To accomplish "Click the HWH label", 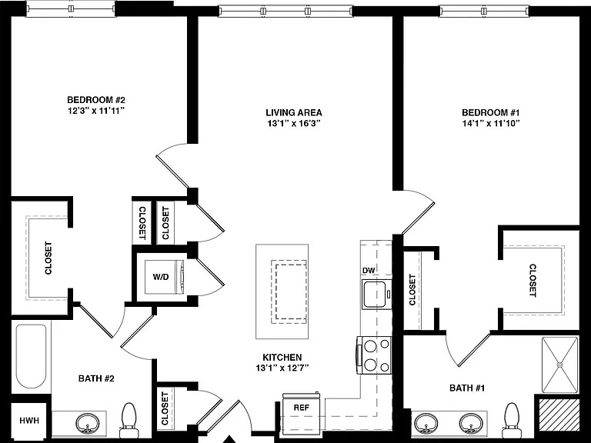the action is [x=29, y=421].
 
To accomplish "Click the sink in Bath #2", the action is [x=88, y=424].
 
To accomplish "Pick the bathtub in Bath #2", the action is [x=32, y=356].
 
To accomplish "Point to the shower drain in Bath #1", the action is [x=559, y=365].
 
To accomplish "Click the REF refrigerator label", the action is [x=301, y=408].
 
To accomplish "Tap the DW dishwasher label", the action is [x=369, y=270].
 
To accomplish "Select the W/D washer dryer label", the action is [x=161, y=277].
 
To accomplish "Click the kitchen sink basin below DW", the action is [x=373, y=294].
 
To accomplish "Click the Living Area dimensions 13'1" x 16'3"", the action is [x=294, y=123].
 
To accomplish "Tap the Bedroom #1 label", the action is [x=491, y=112].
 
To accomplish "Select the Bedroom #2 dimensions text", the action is [x=95, y=111].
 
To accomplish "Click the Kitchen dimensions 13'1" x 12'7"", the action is [x=282, y=368].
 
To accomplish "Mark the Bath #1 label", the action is [x=466, y=388].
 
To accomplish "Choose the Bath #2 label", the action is [x=96, y=378].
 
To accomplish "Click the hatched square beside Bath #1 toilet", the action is [x=559, y=415].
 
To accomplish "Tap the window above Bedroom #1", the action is [x=484, y=12].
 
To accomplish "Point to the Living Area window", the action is [x=285, y=12].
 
